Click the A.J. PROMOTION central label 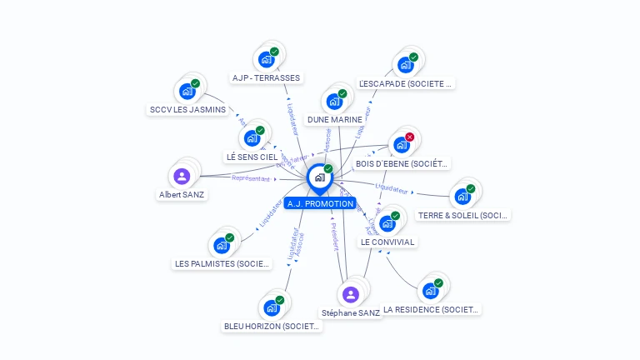pos(319,203)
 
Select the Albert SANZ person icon pos(182,176)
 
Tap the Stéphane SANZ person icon pos(351,294)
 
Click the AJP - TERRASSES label pos(266,78)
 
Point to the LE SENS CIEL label pos(252,157)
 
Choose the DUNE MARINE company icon pos(334,102)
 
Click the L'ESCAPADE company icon pos(405,65)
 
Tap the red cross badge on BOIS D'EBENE pos(409,137)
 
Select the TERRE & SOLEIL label pos(462,215)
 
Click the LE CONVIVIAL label pos(387,242)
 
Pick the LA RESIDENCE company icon pos(430,291)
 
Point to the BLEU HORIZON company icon pos(272,307)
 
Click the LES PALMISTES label pos(222,263)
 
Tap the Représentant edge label pos(251,178)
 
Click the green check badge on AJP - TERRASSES pos(274,52)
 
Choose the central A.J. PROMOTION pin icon pos(319,177)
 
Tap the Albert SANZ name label pos(182,194)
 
